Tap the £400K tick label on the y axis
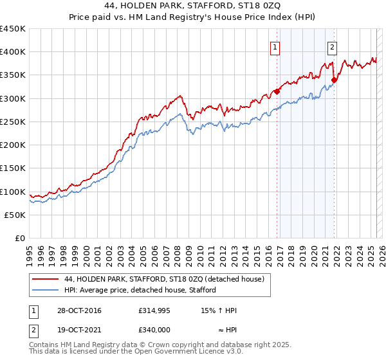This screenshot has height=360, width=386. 13,52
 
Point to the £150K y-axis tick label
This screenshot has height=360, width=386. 13,168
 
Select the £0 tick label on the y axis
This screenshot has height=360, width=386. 20,239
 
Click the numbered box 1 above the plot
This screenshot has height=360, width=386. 275,46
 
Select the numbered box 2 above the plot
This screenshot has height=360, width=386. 332,46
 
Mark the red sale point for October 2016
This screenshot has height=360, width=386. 277,91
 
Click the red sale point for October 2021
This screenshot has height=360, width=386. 334,80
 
